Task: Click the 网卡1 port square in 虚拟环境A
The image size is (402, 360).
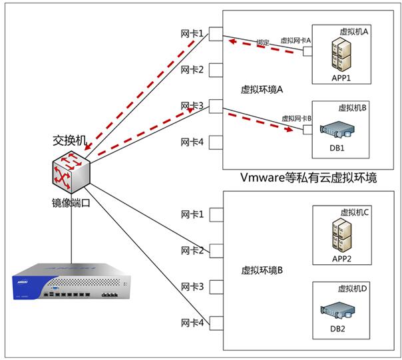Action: tap(215, 33)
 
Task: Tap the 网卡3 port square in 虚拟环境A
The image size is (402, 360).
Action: tap(215, 106)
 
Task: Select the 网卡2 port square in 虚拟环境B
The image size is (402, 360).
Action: tap(215, 251)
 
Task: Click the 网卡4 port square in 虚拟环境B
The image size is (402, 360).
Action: tap(215, 323)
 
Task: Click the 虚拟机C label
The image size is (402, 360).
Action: tap(354, 212)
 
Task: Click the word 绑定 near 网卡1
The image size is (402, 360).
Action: tap(262, 43)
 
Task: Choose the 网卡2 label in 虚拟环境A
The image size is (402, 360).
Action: tap(192, 69)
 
